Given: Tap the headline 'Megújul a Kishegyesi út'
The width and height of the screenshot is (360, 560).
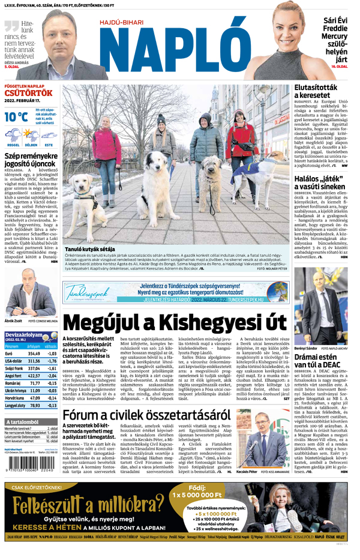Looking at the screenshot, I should (x=175, y=323).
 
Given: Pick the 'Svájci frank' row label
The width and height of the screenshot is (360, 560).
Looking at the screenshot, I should (x=13, y=367).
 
